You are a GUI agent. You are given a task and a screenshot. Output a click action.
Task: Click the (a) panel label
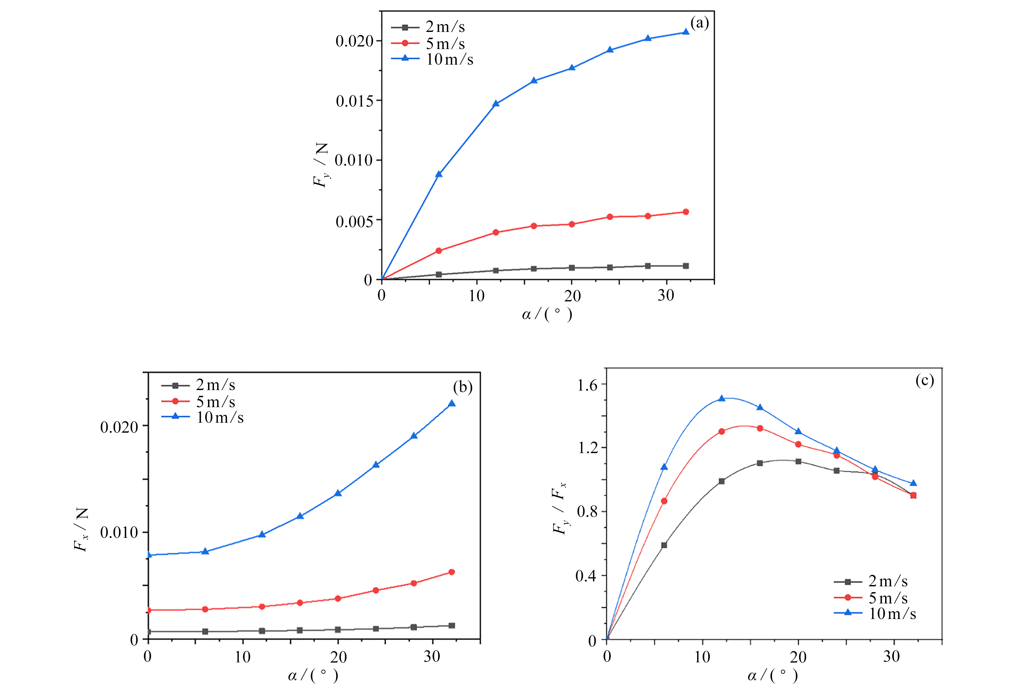pos(700,23)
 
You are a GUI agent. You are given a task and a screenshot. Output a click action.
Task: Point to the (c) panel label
pos(924,380)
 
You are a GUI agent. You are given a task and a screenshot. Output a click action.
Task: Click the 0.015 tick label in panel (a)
pos(355,101)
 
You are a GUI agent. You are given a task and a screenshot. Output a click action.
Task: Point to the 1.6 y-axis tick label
pos(587,385)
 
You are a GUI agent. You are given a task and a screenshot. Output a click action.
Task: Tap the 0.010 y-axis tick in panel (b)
pos(119,532)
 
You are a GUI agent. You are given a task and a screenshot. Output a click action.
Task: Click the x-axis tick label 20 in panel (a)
pos(572,296)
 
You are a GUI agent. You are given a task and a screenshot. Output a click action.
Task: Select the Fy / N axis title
pos(322,165)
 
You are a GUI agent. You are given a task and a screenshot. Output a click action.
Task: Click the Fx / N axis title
pos(82,529)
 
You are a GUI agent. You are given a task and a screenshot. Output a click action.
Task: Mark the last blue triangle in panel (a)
pos(685,32)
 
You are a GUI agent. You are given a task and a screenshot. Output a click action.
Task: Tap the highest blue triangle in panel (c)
pos(722,398)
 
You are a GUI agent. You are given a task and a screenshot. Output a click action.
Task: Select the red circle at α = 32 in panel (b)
pos(451,572)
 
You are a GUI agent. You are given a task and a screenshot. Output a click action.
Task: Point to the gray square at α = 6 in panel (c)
pos(664,545)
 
